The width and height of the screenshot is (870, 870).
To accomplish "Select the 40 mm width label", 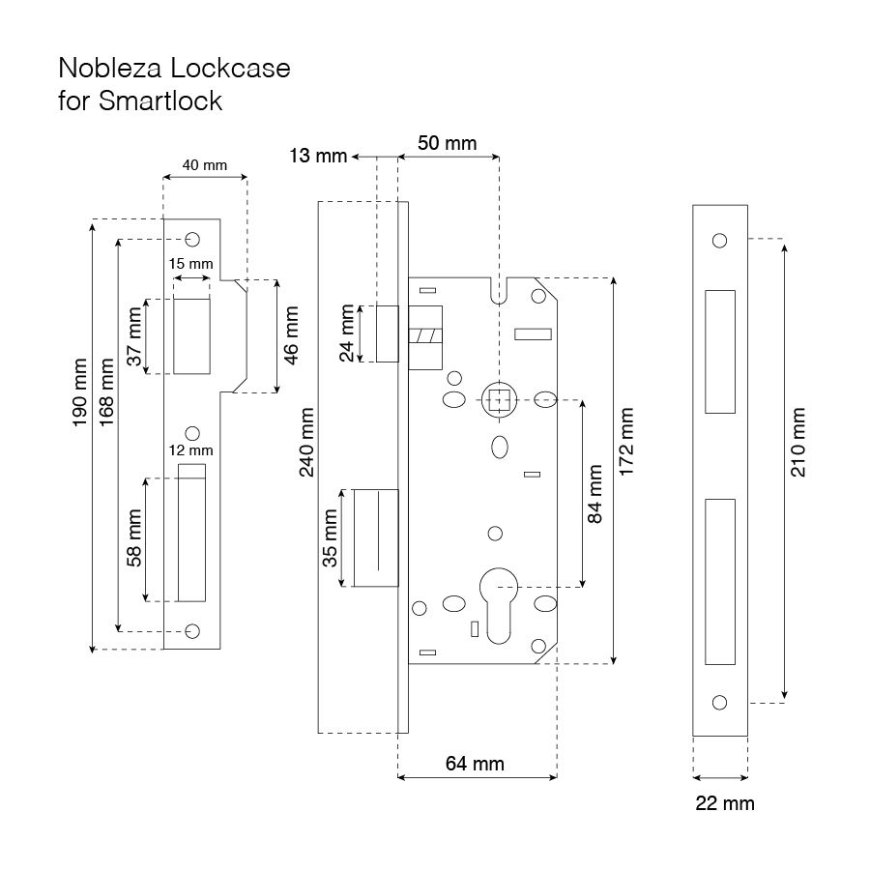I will pos(204,165).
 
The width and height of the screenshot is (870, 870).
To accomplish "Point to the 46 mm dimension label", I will pos(292,334).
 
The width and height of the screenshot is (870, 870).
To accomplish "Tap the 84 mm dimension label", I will pos(595,495).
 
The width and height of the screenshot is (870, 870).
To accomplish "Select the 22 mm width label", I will pos(725,803).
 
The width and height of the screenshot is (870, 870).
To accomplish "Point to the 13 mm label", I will pos(316,156).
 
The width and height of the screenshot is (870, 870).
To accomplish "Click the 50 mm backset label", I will pos(447,143).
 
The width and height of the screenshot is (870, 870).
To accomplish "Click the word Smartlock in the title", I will pos(160,101).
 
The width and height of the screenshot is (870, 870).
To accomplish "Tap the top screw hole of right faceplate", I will pos(718,241).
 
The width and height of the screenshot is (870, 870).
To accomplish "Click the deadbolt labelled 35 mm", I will pos(377,537).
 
